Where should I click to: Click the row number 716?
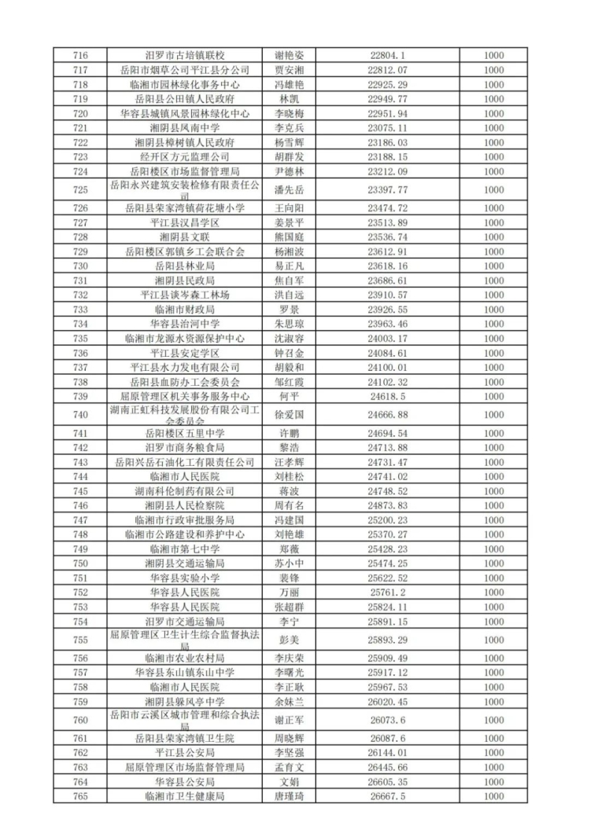click(x=79, y=56)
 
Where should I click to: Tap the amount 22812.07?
click(x=387, y=70)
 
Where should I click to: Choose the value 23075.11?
click(x=387, y=127)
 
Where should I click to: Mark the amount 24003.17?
click(x=387, y=339)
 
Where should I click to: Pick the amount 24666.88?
click(x=387, y=413)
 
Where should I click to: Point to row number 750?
click(x=79, y=563)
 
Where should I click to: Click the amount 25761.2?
click(x=387, y=592)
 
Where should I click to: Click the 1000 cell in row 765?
click(x=493, y=796)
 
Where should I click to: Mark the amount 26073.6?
click(x=387, y=721)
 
